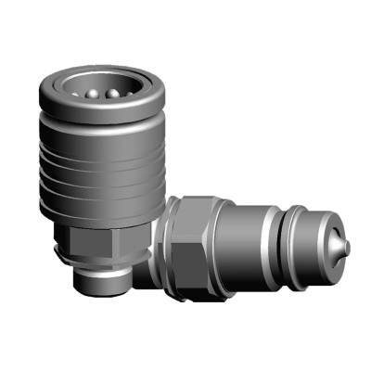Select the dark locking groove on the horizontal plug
pyautogui.click(x=279, y=243)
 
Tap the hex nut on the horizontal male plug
pyautogui.click(x=196, y=232)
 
